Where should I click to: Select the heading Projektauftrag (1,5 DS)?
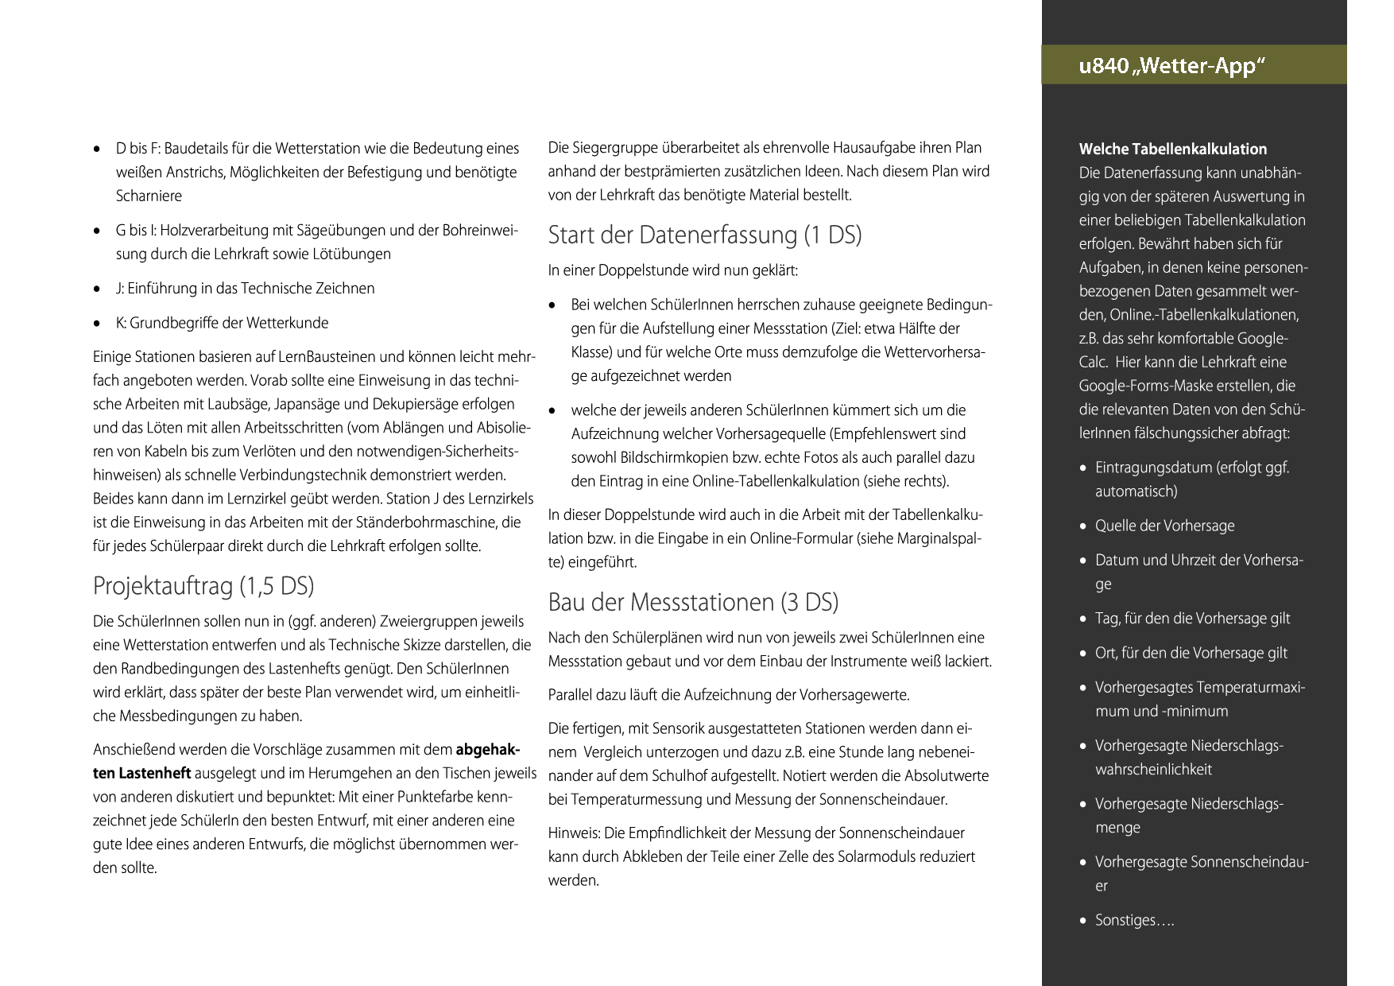203,586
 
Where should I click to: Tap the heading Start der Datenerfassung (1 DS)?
705,235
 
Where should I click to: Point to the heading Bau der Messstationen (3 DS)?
693,602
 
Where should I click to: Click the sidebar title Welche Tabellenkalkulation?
1172,149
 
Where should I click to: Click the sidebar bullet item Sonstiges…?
1134,920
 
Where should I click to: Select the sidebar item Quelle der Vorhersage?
1164,526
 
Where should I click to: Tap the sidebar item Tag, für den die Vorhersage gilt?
1192,618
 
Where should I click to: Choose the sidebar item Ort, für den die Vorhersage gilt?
1191,653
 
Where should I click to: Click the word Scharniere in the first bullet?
149,196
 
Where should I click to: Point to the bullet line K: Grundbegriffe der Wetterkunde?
222,323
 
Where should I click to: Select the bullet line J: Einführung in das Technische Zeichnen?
245,288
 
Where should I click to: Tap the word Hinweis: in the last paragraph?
574,833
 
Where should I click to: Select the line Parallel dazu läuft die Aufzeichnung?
728,695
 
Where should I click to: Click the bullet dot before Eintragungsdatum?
1083,468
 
